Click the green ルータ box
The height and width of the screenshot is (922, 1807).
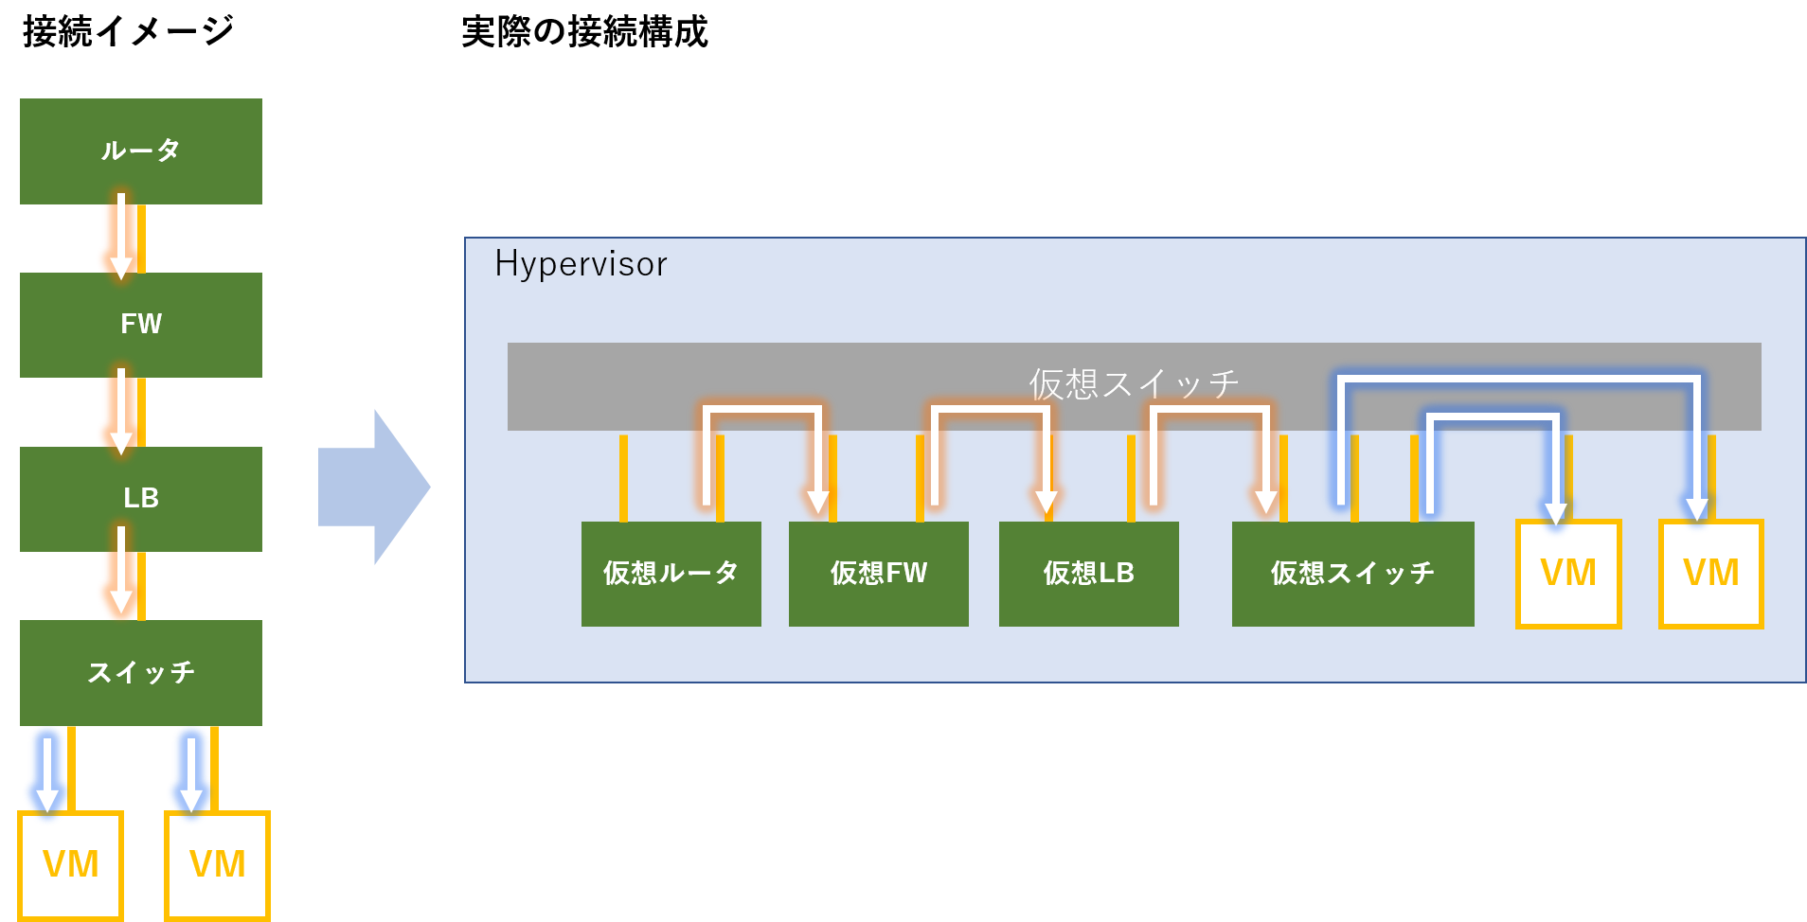click(141, 151)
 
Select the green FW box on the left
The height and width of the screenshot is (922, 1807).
click(141, 325)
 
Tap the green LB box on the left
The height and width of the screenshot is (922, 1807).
click(141, 499)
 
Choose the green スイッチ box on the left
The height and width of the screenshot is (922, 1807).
click(141, 673)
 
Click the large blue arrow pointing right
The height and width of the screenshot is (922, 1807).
click(374, 488)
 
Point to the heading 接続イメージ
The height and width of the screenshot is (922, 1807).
click(128, 31)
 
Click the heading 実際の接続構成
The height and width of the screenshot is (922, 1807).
click(584, 31)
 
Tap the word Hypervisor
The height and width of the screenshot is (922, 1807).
click(581, 264)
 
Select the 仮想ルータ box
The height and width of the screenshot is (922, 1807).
click(671, 574)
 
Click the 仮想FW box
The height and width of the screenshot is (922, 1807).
click(879, 574)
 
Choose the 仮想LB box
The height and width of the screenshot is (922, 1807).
click(1089, 574)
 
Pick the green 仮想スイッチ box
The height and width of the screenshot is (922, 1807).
click(1353, 574)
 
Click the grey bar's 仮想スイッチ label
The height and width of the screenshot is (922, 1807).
click(1134, 383)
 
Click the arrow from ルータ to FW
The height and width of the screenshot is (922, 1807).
click(121, 237)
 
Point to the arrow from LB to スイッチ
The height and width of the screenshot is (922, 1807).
click(121, 571)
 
